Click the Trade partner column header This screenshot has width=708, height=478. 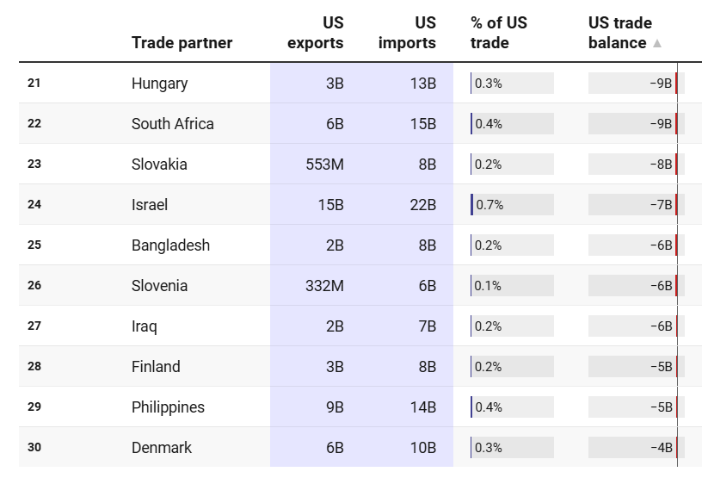click(x=182, y=43)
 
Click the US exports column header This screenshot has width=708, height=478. click(x=315, y=33)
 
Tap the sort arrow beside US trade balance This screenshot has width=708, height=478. click(x=657, y=43)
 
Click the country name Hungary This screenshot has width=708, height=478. click(x=159, y=84)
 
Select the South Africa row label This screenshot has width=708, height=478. click(x=172, y=124)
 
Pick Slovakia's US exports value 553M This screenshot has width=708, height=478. click(x=324, y=165)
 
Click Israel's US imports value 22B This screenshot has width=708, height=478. click(x=422, y=205)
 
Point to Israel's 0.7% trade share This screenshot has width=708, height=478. click(x=489, y=205)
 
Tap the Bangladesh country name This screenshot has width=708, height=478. click(x=170, y=245)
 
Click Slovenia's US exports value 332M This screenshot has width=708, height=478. click(x=324, y=286)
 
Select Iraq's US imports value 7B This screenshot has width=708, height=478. click(x=427, y=326)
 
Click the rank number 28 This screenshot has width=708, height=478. click(x=34, y=366)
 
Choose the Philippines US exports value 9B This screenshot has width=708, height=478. click(x=334, y=407)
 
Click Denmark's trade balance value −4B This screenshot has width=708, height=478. click(x=661, y=448)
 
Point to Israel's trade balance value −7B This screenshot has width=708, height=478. click(x=661, y=205)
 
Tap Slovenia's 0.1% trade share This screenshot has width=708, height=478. click(x=488, y=286)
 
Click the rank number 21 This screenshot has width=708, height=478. click(x=34, y=83)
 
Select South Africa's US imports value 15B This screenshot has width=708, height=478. click(x=422, y=124)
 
